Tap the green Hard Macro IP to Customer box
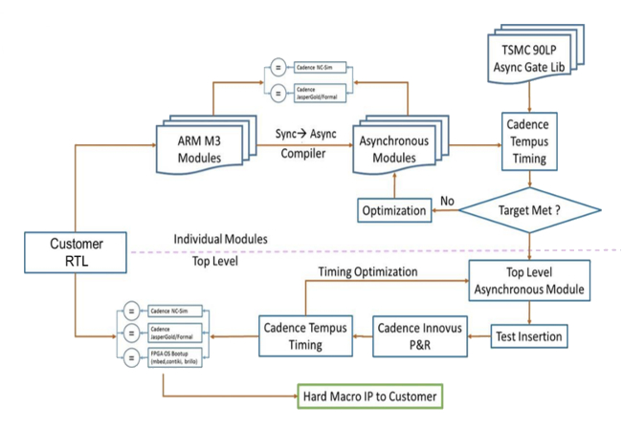tap(371, 395)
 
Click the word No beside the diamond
tap(446, 201)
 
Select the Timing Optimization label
tap(367, 271)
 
